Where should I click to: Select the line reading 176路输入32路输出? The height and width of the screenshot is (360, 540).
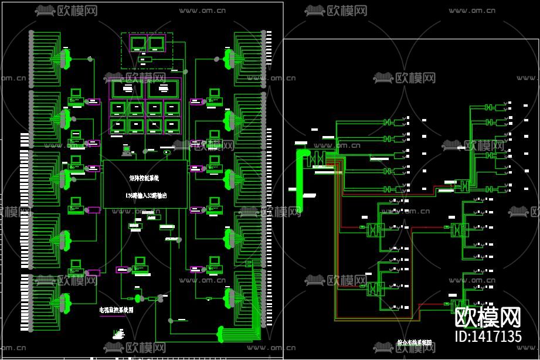pyautogui.click(x=146, y=196)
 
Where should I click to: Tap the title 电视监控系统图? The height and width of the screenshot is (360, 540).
pyautogui.click(x=116, y=311)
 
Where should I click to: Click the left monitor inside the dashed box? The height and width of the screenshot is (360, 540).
pyautogui.click(x=139, y=43)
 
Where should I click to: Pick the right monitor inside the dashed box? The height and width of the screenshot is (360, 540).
pyautogui.click(x=156, y=43)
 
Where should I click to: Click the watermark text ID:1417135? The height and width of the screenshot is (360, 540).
pyautogui.click(x=488, y=337)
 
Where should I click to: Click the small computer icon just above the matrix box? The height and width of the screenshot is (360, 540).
pyautogui.click(x=126, y=150)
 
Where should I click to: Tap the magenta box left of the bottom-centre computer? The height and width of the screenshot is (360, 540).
pyautogui.click(x=122, y=270)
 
